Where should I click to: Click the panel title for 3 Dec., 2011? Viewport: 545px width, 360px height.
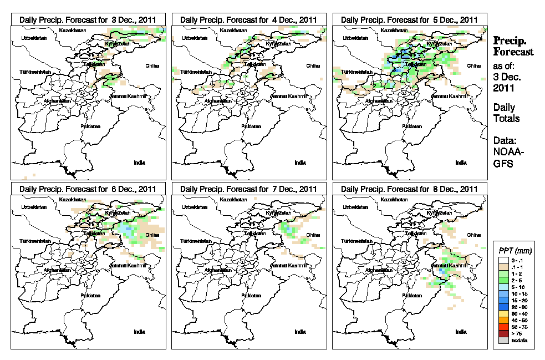[88, 19]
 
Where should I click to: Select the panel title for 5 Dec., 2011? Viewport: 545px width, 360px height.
[409, 19]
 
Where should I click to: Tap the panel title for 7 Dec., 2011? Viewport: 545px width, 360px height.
[248, 189]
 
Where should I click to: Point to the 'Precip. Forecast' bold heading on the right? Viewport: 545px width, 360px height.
[513, 46]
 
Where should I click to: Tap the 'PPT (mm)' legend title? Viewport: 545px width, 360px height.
[515, 251]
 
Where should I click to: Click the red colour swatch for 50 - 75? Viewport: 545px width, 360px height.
[503, 327]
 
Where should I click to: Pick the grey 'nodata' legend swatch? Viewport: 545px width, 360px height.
[503, 341]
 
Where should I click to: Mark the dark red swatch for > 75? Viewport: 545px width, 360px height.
[503, 334]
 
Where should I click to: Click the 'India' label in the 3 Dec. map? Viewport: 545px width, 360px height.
[140, 163]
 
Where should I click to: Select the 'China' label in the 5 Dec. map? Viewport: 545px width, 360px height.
[473, 65]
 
